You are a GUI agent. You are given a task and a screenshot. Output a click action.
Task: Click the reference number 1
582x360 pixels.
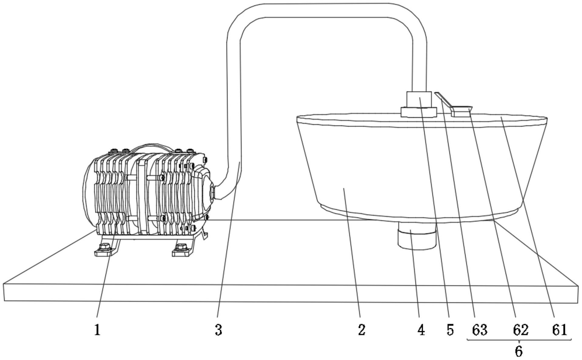97,330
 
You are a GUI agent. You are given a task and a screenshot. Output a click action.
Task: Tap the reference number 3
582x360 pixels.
219,330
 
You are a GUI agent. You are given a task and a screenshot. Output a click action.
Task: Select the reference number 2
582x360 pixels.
362,330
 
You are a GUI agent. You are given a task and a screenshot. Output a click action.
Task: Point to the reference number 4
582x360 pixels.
421,330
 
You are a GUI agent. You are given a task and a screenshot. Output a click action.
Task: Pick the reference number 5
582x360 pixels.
450,330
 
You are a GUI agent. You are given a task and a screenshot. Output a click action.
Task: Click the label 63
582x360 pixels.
480,330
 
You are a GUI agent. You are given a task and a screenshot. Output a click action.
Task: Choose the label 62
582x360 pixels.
521,330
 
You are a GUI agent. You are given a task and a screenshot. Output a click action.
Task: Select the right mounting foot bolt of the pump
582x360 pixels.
181,248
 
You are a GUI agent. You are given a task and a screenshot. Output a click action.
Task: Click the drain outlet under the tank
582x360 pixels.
417,240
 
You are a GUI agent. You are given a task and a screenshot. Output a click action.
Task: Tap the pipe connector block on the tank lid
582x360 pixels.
419,99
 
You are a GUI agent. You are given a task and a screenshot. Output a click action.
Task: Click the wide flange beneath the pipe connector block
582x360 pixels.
419,112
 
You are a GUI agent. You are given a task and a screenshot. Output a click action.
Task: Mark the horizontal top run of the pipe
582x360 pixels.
328,11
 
